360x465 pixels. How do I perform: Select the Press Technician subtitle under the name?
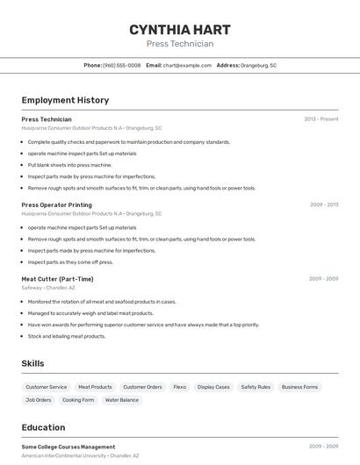click(179, 44)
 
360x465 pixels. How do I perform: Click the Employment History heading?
click(65, 100)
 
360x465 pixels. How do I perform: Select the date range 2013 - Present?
click(320, 118)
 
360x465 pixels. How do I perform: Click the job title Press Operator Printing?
click(56, 204)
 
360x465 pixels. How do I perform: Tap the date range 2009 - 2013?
click(323, 204)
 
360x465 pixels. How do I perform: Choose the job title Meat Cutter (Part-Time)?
click(57, 279)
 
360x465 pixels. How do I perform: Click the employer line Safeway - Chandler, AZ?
click(48, 288)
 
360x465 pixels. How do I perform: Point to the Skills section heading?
click(32, 363)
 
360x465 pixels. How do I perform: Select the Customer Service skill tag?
click(46, 387)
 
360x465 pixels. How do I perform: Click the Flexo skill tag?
click(179, 387)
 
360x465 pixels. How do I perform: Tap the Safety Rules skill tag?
click(256, 387)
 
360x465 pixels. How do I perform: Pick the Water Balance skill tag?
click(122, 400)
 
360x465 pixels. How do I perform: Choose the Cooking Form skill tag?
click(78, 400)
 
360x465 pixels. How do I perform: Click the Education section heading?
click(43, 428)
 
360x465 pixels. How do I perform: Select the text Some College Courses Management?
click(68, 447)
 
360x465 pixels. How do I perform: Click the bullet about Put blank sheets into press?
click(70, 164)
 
